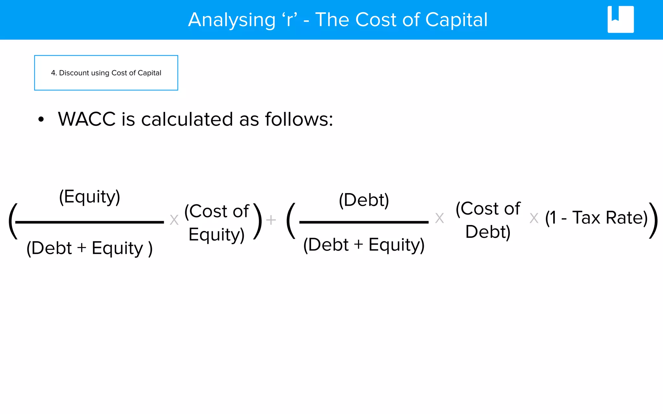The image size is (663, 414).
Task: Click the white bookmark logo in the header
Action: click(x=620, y=19)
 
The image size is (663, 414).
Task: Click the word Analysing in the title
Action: click(x=232, y=20)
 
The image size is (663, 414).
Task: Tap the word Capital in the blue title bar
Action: click(x=456, y=20)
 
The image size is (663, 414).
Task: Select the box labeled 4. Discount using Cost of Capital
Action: click(x=106, y=73)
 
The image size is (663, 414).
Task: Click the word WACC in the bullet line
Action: click(x=87, y=119)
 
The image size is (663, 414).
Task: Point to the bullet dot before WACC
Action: click(x=41, y=119)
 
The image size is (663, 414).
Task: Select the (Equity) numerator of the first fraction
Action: click(x=90, y=197)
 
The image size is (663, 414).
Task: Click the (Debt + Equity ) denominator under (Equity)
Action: click(x=89, y=248)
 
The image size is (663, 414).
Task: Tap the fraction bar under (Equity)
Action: click(x=89, y=222)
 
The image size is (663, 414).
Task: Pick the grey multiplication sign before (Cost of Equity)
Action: click(x=174, y=220)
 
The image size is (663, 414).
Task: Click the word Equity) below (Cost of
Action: click(x=216, y=234)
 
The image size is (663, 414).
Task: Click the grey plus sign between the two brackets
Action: click(x=271, y=220)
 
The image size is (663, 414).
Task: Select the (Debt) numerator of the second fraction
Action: click(x=364, y=200)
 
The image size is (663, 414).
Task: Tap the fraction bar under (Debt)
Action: click(x=364, y=222)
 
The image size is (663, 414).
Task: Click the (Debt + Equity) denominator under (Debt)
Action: click(x=364, y=245)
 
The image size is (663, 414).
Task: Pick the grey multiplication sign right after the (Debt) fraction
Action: click(x=439, y=218)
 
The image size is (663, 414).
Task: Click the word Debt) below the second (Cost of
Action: click(x=488, y=232)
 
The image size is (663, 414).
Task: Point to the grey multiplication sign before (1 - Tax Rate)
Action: click(x=534, y=218)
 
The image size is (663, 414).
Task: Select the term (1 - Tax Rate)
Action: click(x=596, y=218)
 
